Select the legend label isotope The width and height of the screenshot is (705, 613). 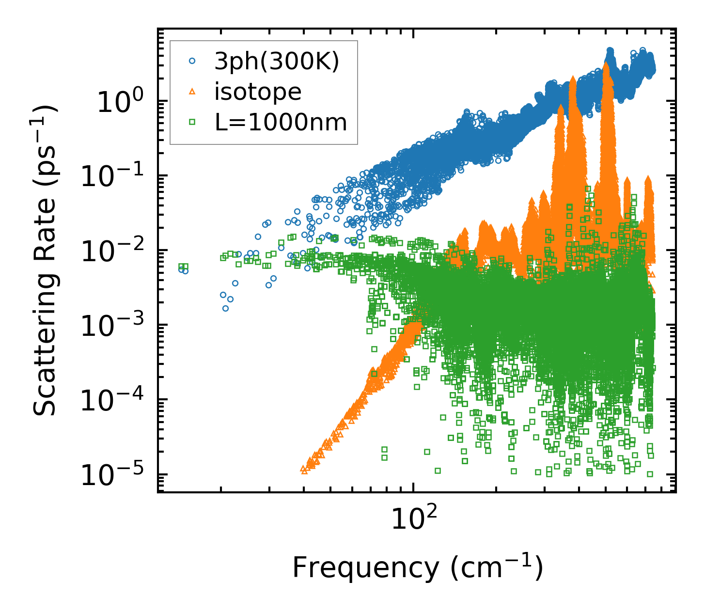(x=258, y=92)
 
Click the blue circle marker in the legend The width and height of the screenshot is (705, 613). (x=192, y=62)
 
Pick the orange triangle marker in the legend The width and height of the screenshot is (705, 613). (x=192, y=92)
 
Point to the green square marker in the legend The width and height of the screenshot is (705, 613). (x=192, y=122)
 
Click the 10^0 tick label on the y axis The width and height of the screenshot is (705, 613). (x=119, y=103)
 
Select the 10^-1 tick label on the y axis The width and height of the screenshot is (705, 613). (x=113, y=178)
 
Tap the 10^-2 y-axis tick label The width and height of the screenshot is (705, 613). (x=113, y=252)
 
